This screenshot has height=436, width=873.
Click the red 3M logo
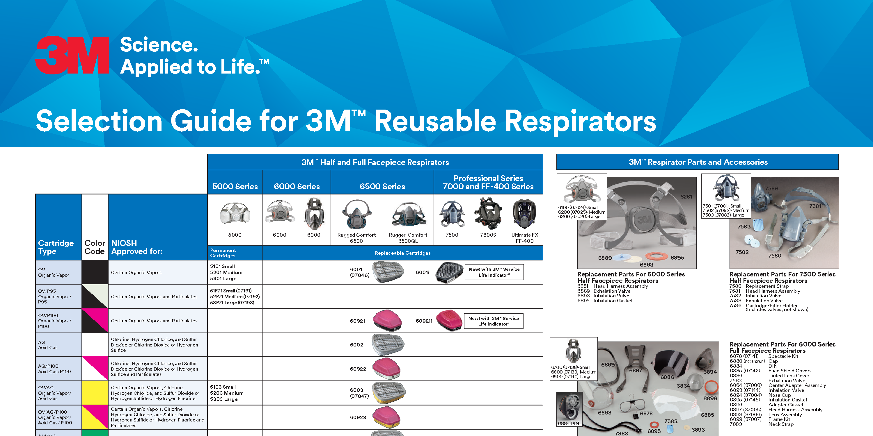pyautogui.click(x=72, y=55)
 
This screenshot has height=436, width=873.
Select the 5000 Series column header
pyautogui.click(x=235, y=186)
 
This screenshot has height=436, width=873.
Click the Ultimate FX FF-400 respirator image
pyautogui.click(x=524, y=214)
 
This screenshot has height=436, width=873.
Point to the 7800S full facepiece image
pyautogui.click(x=488, y=214)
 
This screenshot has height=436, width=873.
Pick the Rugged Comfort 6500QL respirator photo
pyautogui.click(x=408, y=215)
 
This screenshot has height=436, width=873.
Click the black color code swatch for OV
pyautogui.click(x=95, y=272)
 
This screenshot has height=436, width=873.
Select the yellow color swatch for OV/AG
pyautogui.click(x=95, y=393)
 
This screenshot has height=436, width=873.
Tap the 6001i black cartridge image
pyautogui.click(x=449, y=272)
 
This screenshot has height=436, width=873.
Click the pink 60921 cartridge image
pyautogui.click(x=387, y=321)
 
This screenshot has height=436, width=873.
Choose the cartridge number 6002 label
pyautogui.click(x=356, y=345)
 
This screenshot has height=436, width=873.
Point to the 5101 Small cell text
pyautogui.click(x=222, y=267)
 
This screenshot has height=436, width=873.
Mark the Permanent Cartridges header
pyautogui.click(x=223, y=253)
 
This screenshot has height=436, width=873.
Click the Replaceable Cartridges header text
pyautogui.click(x=403, y=253)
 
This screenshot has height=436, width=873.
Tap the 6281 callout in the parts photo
pyautogui.click(x=686, y=197)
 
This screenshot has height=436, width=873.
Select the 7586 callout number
pyautogui.click(x=771, y=189)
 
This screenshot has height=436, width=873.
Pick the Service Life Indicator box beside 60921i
pyautogui.click(x=494, y=321)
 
